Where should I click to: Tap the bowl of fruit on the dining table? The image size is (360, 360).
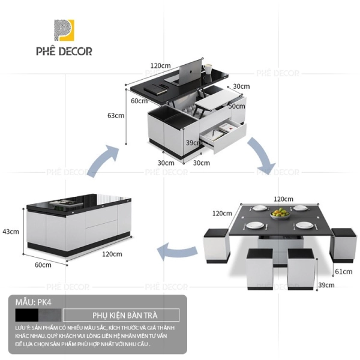click(279, 213)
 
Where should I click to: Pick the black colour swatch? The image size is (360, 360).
click(28, 315)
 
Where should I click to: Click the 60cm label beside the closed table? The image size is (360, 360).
click(42, 265)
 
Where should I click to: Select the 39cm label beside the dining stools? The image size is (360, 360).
click(326, 285)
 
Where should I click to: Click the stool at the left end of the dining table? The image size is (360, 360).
click(215, 245)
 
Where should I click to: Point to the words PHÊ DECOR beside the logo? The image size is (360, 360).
click(70, 51)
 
